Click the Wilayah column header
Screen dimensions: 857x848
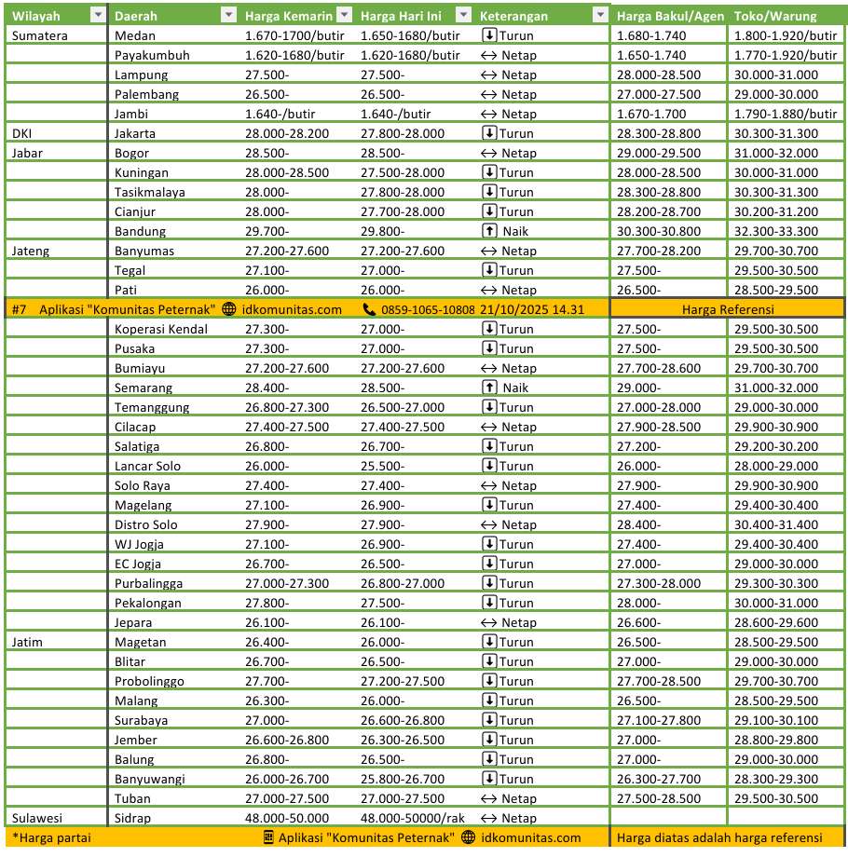pyautogui.click(x=36, y=16)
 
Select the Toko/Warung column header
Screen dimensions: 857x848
pyautogui.click(x=775, y=16)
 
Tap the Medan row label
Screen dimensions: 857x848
pyautogui.click(x=134, y=35)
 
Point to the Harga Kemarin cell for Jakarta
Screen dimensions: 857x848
pyautogui.click(x=286, y=133)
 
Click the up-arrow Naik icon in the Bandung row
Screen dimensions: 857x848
pyautogui.click(x=489, y=231)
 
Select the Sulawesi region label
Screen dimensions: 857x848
pyautogui.click(x=37, y=818)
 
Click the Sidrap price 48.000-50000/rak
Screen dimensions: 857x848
pyautogui.click(x=412, y=818)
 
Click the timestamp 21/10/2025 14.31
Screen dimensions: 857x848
pyautogui.click(x=532, y=309)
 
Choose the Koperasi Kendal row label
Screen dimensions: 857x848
pyautogui.click(x=160, y=329)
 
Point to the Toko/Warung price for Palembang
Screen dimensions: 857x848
pyautogui.click(x=775, y=94)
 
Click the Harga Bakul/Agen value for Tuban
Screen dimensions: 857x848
pyautogui.click(x=658, y=798)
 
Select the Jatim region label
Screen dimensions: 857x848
pyautogui.click(x=28, y=642)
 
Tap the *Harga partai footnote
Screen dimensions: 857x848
pyautogui.click(x=51, y=837)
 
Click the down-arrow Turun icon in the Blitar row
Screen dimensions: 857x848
pyautogui.click(x=489, y=661)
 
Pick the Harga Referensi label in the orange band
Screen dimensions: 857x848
pyautogui.click(x=728, y=309)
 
